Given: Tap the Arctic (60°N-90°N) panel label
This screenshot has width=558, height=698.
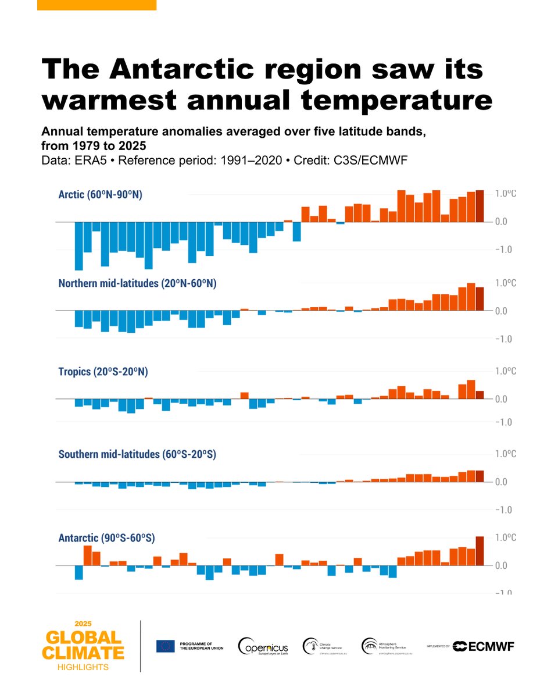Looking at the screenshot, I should pyautogui.click(x=100, y=195).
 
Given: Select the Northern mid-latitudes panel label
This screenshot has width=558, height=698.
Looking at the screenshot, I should pyautogui.click(x=137, y=283).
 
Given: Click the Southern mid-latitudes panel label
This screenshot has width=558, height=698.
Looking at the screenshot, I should pyautogui.click(x=137, y=454).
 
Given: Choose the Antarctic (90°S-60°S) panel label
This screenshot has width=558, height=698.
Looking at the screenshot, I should pyautogui.click(x=106, y=538).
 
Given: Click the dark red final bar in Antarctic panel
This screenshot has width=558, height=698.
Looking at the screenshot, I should pyautogui.click(x=480, y=551).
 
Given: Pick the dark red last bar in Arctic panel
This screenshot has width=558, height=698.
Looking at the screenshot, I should pyautogui.click(x=480, y=206).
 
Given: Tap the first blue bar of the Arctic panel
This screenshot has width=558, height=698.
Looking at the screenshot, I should pyautogui.click(x=78, y=246).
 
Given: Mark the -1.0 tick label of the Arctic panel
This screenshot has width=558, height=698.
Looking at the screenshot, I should pyautogui.click(x=503, y=250).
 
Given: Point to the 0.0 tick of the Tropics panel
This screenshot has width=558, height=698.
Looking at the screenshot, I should pyautogui.click(x=503, y=399).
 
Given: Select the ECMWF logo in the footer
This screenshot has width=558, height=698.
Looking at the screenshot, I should pyautogui.click(x=483, y=646).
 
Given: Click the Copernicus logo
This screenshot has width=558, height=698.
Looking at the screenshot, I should pyautogui.click(x=263, y=647).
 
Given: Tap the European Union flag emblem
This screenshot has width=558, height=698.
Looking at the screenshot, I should pyautogui.click(x=165, y=646).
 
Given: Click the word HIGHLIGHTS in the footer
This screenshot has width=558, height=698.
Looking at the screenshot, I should pyautogui.click(x=83, y=667).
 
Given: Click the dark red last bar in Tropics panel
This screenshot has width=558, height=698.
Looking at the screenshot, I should pyautogui.click(x=480, y=395).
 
